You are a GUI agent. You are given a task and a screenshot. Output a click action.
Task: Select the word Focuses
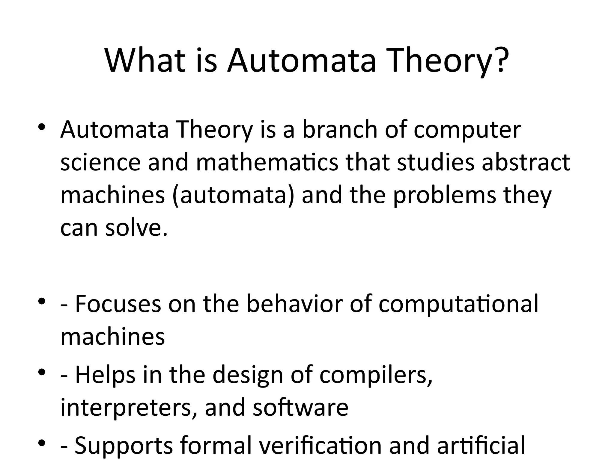coord(118,304)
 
